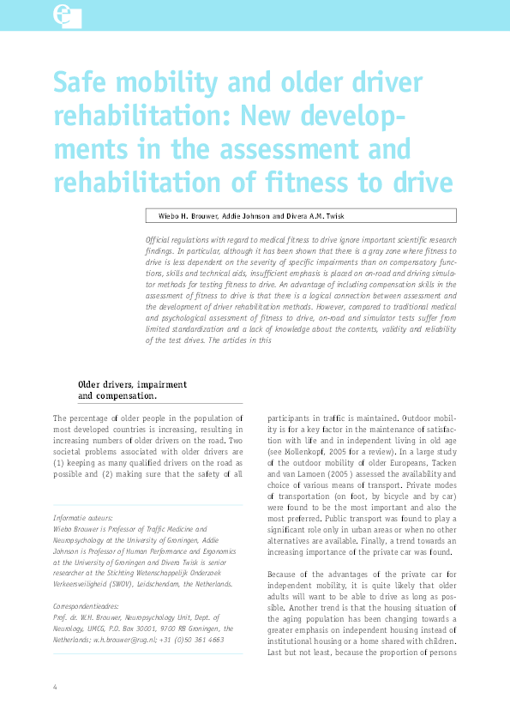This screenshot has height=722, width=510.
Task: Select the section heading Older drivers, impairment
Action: tap(132, 385)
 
